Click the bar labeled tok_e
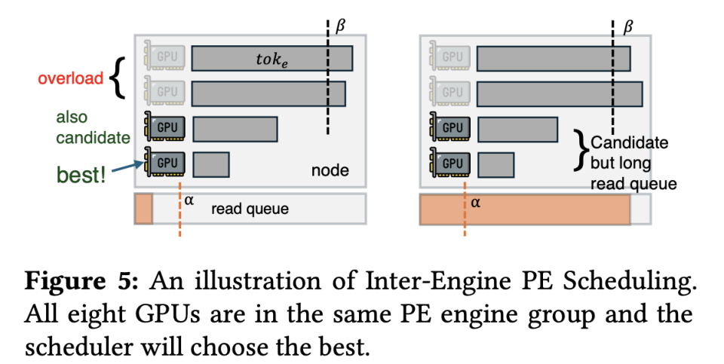pyautogui.click(x=271, y=58)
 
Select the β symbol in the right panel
pyautogui.click(x=628, y=27)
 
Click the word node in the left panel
pyautogui.click(x=330, y=170)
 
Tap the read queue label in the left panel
pyautogui.click(x=250, y=209)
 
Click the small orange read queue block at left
pyautogui.click(x=143, y=209)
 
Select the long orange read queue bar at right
pyautogui.click(x=524, y=209)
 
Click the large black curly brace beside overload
pyautogui.click(x=117, y=79)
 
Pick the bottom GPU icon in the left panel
pyautogui.click(x=163, y=163)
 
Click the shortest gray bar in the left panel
pyautogui.click(x=210, y=164)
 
